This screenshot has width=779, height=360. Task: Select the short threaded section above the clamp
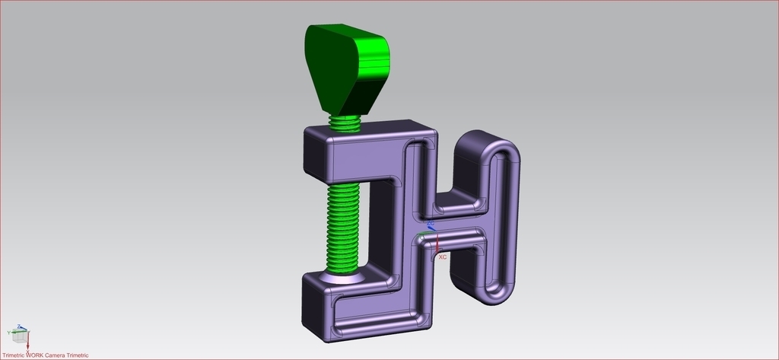[346, 123]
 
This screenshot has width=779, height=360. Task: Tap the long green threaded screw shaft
[342, 225]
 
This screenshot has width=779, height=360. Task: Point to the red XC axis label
[442, 257]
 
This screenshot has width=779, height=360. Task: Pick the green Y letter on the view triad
[9, 333]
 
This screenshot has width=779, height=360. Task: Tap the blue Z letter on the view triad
[19, 327]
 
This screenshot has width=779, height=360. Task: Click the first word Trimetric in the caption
[14, 355]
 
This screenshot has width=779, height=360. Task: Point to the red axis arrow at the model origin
[437, 244]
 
